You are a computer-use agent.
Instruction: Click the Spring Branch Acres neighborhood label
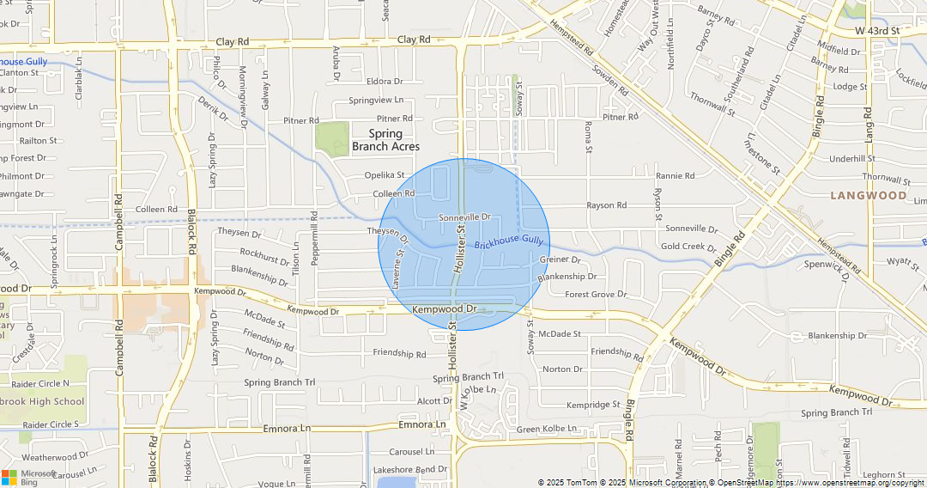point(385,140)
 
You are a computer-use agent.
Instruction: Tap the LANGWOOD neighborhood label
point(868,196)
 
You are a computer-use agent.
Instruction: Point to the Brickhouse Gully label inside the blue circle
point(509,244)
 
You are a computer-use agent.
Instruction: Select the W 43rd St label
point(877,31)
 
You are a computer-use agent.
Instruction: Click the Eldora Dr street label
point(385,82)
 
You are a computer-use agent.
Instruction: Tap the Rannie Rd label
point(676,176)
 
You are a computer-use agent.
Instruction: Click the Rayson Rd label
point(606,206)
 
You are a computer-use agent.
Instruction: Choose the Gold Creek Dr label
point(688,247)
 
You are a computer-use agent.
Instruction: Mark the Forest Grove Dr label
point(596,295)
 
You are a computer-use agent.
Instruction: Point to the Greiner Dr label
point(560,259)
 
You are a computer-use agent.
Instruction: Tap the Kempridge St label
point(592,405)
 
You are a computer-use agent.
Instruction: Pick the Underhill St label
point(852,159)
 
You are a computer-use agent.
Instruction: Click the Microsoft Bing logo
point(28,477)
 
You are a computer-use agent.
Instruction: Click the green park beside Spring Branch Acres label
point(332,137)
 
